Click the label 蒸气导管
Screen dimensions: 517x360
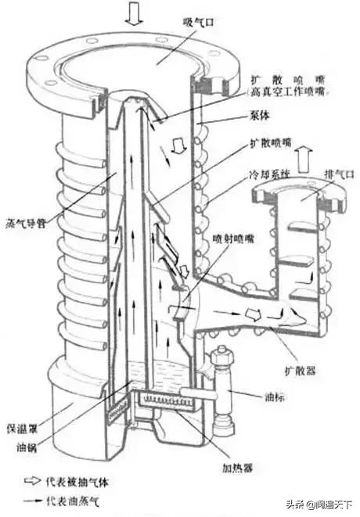point(25,221)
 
